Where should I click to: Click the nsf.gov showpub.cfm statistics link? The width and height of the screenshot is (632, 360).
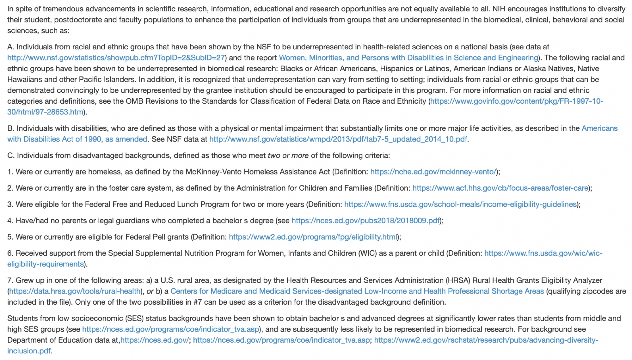[x=116, y=58]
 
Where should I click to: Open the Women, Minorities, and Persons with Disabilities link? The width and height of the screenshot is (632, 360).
[x=408, y=58]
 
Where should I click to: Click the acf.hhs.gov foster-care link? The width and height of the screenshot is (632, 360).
[x=500, y=188]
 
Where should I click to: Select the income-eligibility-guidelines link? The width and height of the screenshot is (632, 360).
[x=460, y=204]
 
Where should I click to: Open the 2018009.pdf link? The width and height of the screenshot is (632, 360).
[x=365, y=221]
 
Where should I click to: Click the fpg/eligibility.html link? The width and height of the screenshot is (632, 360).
[x=313, y=237]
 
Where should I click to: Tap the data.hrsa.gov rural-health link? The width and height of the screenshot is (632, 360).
[x=75, y=291]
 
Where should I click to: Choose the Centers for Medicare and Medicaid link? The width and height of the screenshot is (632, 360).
[x=357, y=291]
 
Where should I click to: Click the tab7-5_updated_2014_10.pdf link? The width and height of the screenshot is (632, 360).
[x=338, y=139]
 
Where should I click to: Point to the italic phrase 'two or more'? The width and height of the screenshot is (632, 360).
[x=288, y=156]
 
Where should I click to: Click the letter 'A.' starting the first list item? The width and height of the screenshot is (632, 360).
[x=11, y=47]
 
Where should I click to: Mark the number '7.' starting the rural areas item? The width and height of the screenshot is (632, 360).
[x=10, y=280]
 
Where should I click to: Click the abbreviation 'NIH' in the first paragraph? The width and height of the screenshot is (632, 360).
[x=499, y=9]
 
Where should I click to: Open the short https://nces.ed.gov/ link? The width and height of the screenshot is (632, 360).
[x=155, y=340]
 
